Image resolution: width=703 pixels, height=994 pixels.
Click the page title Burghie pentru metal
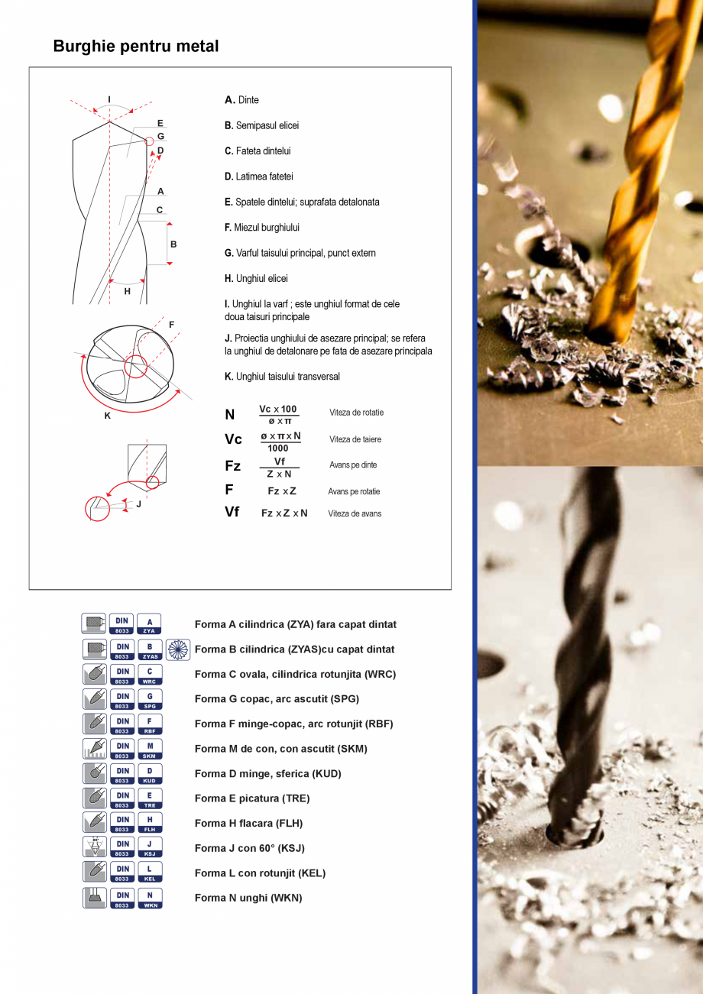(136, 47)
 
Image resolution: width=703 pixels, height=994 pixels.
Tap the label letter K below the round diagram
(108, 416)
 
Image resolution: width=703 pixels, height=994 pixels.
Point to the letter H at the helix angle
(128, 291)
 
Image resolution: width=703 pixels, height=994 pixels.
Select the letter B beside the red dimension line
(173, 244)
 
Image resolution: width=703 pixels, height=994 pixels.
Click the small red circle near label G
(149, 142)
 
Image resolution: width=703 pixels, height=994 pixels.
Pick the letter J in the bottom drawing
(139, 504)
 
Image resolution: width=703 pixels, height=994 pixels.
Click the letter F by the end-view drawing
(171, 325)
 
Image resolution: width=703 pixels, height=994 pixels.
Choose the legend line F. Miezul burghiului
(262, 228)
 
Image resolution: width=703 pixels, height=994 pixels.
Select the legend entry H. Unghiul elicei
(256, 279)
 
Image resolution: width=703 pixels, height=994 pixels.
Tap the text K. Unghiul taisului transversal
(282, 377)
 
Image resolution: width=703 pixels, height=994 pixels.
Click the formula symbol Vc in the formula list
(233, 439)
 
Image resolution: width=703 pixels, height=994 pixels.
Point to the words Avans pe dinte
(353, 465)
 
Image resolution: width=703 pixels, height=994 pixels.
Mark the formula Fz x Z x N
(284, 513)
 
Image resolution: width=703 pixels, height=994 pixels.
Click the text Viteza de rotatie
(356, 413)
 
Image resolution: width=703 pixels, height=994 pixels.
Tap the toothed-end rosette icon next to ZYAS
(178, 649)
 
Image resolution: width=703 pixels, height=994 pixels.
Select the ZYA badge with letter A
(150, 624)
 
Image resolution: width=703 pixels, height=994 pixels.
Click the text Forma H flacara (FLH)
(248, 824)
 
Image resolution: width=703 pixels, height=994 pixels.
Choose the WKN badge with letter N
(150, 898)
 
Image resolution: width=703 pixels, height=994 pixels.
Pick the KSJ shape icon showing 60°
(95, 847)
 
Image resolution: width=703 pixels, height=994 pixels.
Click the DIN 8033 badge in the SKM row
(121, 749)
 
